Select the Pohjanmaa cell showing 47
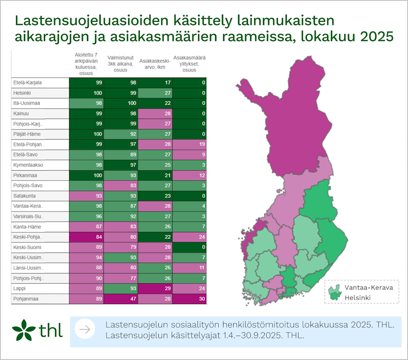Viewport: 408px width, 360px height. tap(121, 299)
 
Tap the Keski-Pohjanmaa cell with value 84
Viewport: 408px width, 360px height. tap(86, 237)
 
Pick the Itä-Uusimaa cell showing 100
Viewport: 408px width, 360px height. tap(121, 103)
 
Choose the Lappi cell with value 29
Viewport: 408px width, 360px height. tap(156, 289)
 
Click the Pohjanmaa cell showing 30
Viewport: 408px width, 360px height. tap(190, 299)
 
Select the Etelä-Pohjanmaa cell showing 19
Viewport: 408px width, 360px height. tap(190, 145)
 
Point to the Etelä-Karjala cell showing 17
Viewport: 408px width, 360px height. tap(156, 82)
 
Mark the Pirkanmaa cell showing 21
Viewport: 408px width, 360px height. tap(156, 175)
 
